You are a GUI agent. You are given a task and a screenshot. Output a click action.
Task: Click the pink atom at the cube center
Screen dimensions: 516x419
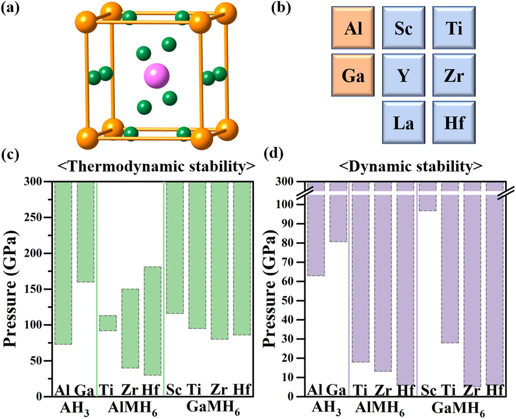157,76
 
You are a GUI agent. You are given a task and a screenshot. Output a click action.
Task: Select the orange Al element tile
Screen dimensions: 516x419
353,28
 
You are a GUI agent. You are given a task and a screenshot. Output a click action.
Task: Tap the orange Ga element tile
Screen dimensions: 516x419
353,75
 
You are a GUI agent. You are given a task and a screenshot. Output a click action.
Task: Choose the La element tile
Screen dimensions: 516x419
404,122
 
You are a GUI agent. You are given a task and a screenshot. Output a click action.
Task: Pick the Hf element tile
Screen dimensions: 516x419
454,122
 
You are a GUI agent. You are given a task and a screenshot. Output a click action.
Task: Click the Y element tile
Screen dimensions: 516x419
404,75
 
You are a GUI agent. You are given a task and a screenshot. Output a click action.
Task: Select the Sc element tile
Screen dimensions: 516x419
404,28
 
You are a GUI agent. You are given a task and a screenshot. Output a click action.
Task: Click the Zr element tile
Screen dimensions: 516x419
454,75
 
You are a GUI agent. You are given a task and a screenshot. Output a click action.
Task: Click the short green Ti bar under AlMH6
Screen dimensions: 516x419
108,323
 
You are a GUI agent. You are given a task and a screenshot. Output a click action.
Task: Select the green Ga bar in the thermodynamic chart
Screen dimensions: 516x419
86,232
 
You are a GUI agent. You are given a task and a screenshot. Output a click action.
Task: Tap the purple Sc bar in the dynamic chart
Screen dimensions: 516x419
428,196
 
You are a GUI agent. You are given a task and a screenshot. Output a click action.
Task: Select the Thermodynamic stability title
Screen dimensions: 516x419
157,167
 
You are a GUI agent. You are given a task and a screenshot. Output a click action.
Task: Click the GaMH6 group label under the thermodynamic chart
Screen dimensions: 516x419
213,407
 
